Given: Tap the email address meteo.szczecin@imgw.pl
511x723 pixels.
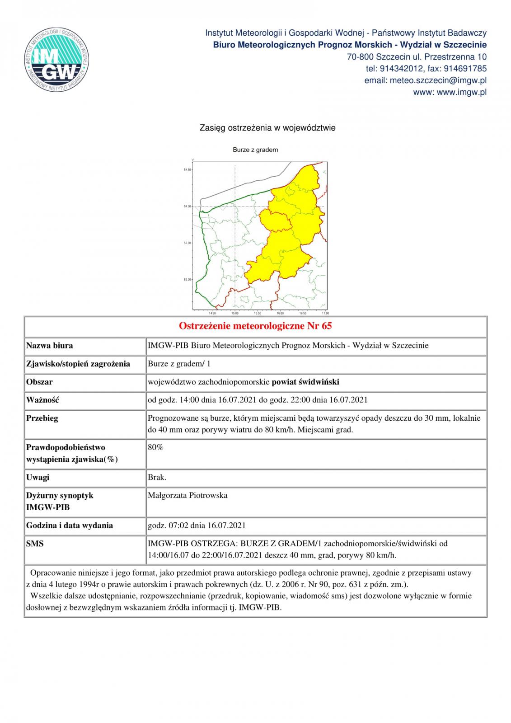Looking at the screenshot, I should (425, 80).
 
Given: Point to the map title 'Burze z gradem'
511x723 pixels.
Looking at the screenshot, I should (255, 150).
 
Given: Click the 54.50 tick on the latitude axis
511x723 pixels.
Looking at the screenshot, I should (188, 170).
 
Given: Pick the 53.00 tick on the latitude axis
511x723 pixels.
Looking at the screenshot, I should (188, 279).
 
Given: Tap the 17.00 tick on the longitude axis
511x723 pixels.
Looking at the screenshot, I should (325, 313).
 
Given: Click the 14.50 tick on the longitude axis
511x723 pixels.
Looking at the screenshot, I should (212, 313).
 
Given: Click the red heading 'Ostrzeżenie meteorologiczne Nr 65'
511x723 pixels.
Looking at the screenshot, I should (255, 326).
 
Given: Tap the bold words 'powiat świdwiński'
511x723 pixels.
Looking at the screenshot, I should (305, 382).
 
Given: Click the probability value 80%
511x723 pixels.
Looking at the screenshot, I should (155, 447).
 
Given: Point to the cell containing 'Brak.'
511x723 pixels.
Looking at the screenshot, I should (157, 477).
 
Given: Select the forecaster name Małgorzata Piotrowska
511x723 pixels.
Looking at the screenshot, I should (188, 495).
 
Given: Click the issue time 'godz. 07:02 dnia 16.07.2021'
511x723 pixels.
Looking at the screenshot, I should (197, 526).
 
